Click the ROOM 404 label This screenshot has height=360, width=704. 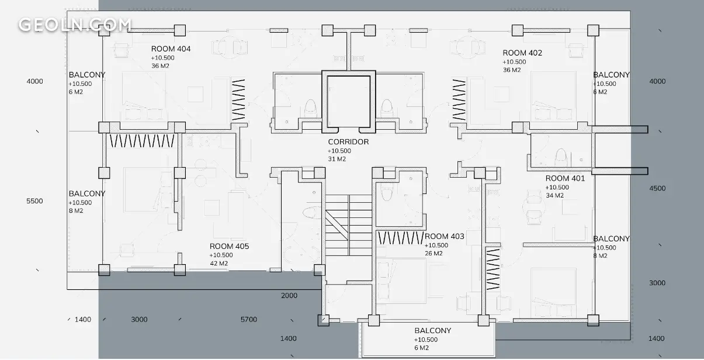171,49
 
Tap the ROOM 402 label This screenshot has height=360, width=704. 522,53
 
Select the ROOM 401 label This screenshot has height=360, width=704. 565,178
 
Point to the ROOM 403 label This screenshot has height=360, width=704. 444,236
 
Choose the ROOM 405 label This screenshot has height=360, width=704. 229,246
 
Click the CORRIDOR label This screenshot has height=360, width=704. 348,142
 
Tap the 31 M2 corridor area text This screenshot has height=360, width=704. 337,159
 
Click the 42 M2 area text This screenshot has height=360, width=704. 219,264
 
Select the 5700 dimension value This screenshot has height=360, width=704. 249,320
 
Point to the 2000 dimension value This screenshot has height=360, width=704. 289,296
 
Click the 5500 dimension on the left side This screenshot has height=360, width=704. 34,201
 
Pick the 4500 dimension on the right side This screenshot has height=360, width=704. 657,188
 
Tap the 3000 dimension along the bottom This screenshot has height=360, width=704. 139,320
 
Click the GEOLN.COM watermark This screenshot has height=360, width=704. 75,25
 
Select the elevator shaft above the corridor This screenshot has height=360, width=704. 349,102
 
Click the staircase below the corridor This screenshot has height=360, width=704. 349,225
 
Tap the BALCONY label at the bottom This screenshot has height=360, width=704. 433,330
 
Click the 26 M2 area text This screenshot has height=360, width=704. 434,254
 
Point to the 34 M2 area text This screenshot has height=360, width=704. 554,196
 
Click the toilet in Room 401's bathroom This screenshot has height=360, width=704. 561,158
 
